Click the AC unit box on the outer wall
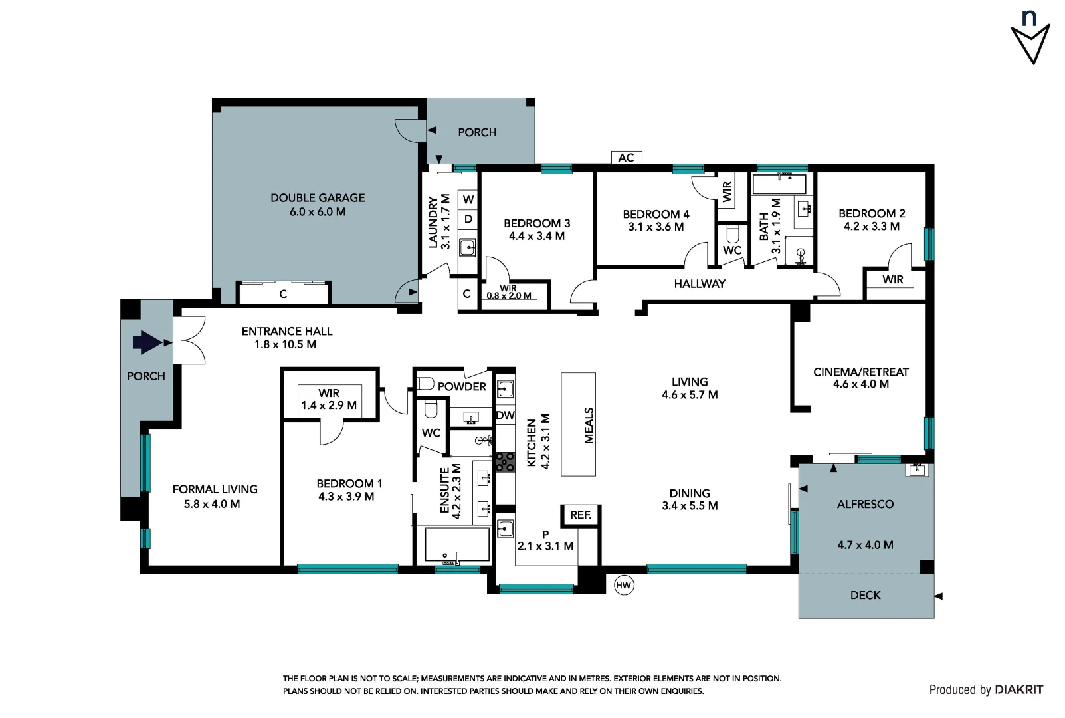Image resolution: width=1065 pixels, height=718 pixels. click(626, 158)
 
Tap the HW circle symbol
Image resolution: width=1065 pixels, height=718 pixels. click(623, 585)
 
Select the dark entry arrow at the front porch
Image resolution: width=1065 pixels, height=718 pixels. click(147, 343)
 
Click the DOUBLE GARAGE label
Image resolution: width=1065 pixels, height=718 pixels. click(318, 198)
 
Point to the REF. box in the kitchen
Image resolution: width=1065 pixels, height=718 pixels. click(581, 515)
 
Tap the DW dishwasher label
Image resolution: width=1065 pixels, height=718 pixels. click(505, 416)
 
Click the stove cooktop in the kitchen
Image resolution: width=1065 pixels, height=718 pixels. click(505, 462)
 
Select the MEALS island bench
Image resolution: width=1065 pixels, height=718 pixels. click(579, 424)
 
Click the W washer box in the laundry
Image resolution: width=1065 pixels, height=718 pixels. click(468, 199)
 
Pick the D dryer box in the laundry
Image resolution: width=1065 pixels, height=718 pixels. click(468, 219)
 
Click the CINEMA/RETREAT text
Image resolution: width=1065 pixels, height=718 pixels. click(860, 372)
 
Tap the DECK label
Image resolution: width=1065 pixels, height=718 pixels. click(865, 595)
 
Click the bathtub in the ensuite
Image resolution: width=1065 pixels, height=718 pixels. click(457, 545)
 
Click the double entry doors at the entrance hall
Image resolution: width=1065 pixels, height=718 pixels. click(190, 341)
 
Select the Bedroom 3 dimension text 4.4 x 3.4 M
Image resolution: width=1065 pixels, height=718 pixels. click(537, 236)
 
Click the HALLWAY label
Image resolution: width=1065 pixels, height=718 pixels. click(699, 284)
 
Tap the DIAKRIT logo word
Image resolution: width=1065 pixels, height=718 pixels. click(1018, 690)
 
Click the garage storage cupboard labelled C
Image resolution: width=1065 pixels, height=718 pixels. click(284, 293)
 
